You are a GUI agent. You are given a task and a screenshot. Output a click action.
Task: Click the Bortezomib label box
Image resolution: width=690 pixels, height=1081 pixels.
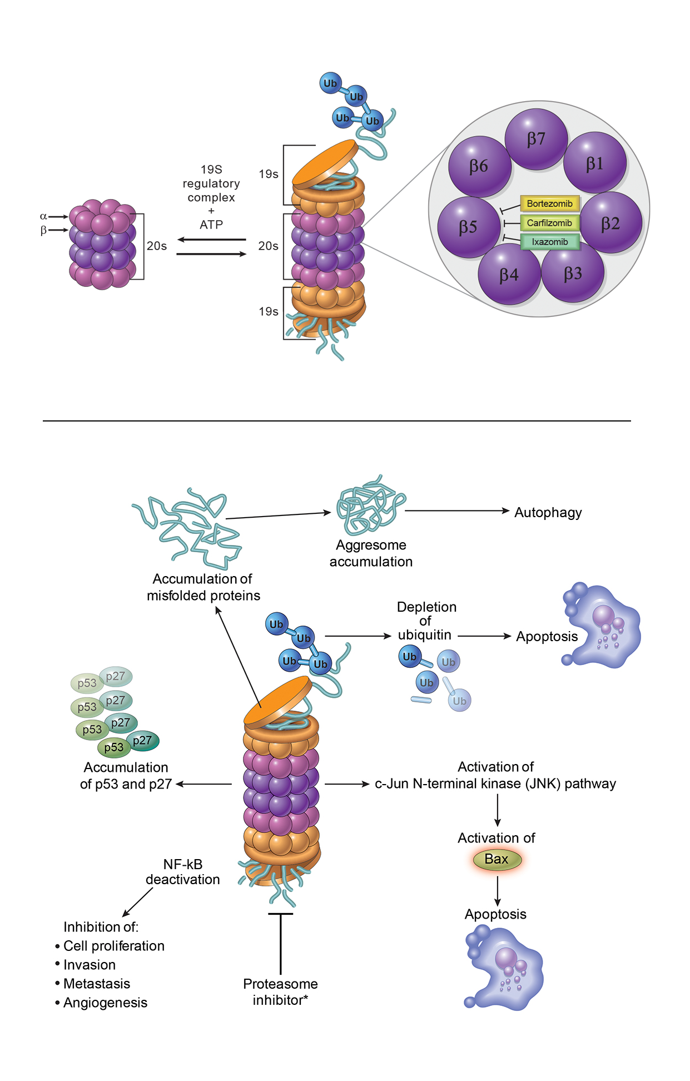pos(549,204)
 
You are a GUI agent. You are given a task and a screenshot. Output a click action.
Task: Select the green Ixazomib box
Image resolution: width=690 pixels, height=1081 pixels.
pos(549,242)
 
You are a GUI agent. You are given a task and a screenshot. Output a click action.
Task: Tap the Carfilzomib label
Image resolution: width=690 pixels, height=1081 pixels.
pos(549,223)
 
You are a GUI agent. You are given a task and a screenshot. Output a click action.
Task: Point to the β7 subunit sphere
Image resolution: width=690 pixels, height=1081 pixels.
pos(536,139)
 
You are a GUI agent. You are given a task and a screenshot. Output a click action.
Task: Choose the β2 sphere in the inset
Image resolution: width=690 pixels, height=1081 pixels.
pos(610,224)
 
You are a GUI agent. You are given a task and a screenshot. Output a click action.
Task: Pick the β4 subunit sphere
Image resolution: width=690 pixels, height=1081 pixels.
pos(509,275)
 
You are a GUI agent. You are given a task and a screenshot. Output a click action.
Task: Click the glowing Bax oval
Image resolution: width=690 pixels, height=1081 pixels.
pos(497,859)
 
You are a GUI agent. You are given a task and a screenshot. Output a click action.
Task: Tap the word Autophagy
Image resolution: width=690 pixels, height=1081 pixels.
pos(548,512)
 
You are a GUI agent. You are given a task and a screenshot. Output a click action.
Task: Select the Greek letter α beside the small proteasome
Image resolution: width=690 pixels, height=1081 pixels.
pos(43,216)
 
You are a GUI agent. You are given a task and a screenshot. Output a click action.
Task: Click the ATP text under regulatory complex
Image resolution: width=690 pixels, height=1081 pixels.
pos(211,225)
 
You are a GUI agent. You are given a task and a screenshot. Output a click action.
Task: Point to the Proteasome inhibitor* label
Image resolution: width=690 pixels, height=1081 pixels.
pos(280,991)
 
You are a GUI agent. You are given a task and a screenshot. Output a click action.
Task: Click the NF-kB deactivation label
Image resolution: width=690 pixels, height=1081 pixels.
pos(183,872)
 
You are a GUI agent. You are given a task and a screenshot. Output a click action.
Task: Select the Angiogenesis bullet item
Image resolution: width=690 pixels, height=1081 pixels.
pos(105,1003)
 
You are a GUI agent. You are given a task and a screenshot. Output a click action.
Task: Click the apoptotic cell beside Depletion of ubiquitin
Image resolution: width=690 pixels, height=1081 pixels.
pos(603,625)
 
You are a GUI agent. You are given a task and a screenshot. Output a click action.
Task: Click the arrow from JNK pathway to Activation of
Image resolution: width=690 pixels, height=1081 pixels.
pos(497,810)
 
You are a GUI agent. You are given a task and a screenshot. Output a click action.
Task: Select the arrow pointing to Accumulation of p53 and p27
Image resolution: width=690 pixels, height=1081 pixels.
pos(203,784)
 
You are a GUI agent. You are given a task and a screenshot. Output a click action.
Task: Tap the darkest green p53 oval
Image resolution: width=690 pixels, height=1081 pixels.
pos(114,747)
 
